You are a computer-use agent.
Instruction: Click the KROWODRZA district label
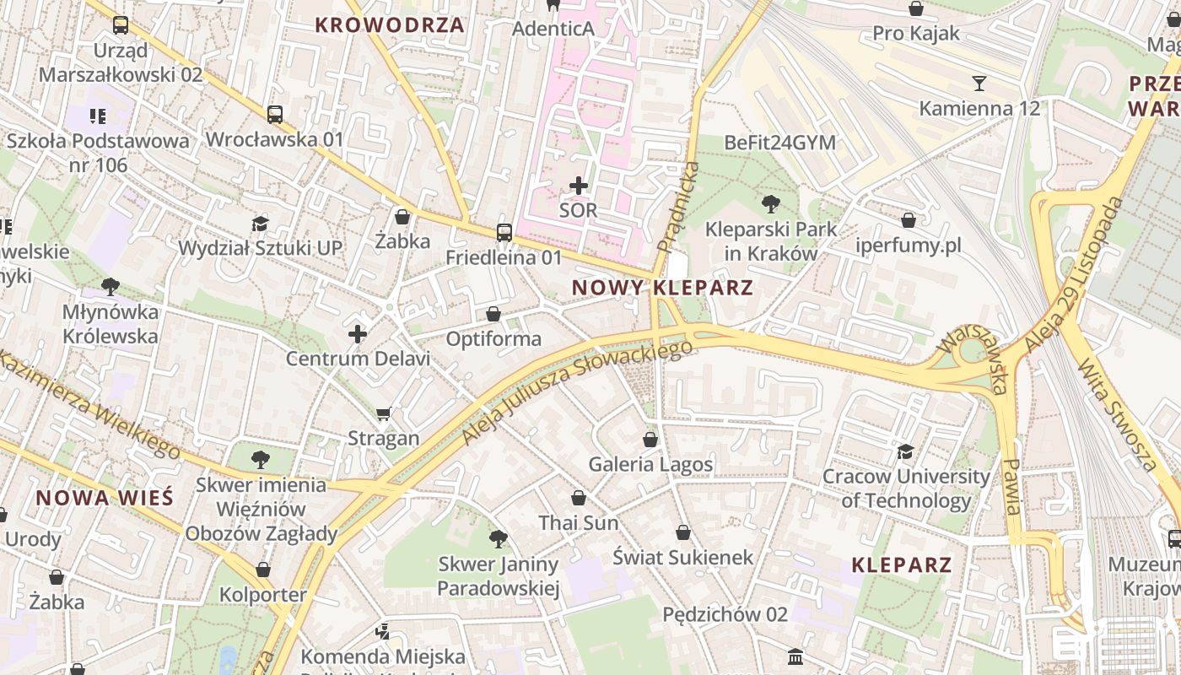point(389,24)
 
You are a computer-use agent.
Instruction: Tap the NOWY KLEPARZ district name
point(662,288)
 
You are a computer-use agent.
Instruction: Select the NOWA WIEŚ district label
point(105,497)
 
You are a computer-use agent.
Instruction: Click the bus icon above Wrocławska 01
point(275,115)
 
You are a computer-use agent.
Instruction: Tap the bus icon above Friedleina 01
point(504,232)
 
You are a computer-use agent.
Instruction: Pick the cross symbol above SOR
point(579,185)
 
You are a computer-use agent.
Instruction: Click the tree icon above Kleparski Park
point(770,203)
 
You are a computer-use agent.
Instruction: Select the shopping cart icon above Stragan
point(384,413)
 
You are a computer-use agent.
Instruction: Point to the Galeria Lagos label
point(650,464)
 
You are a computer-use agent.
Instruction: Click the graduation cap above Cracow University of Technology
point(906,451)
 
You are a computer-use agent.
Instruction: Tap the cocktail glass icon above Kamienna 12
point(979,83)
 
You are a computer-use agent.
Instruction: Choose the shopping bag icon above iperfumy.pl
point(909,220)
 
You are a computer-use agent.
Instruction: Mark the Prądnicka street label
point(679,208)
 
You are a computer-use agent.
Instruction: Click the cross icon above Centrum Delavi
point(358,334)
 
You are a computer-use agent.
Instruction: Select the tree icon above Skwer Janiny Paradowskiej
point(499,538)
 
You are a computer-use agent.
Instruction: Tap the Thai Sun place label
point(579,523)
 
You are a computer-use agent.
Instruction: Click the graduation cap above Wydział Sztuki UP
point(260,224)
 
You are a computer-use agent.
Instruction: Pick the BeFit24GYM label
point(779,143)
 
